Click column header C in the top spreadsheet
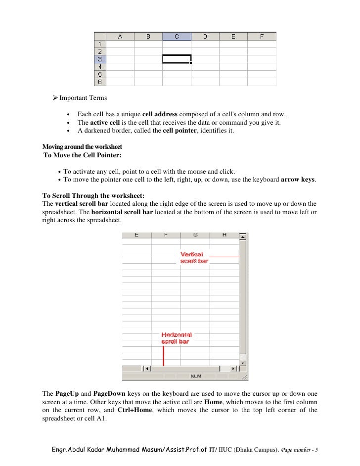pyautogui.click(x=177, y=36)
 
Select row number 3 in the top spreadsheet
pyautogui.click(x=99, y=59)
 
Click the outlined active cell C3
pyautogui.click(x=177, y=59)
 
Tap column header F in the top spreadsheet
pyautogui.click(x=262, y=36)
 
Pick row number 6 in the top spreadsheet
pyautogui.click(x=99, y=82)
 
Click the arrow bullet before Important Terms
pyautogui.click(x=55, y=97)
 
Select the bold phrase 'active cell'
pyautogui.click(x=106, y=123)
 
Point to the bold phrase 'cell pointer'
pyautogui.click(x=180, y=131)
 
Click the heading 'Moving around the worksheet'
pyautogui.click(x=82, y=147)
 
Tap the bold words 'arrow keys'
pyautogui.click(x=297, y=180)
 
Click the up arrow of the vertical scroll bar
pyautogui.click(x=242, y=237)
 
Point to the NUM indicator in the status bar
pyautogui.click(x=196, y=376)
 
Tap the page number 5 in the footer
pyautogui.click(x=316, y=450)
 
